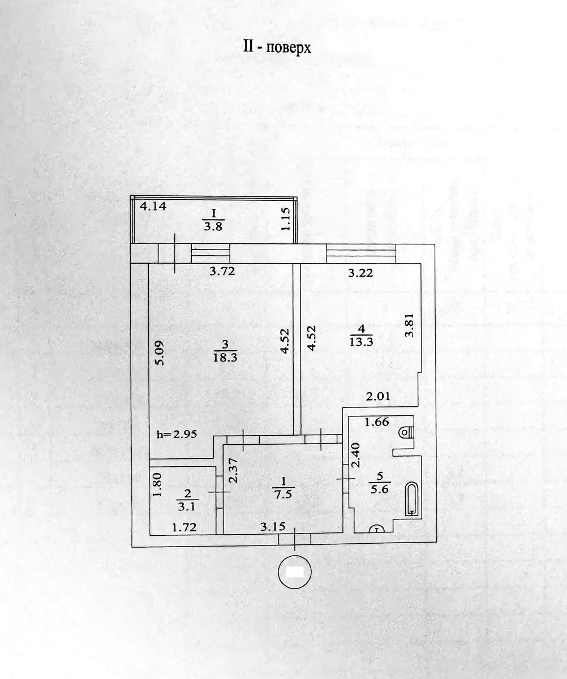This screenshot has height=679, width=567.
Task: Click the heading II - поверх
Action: click(277, 47)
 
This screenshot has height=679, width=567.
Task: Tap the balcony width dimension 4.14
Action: click(153, 206)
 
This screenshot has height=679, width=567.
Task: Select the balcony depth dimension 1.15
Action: click(285, 219)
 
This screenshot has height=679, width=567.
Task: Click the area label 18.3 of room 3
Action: click(225, 358)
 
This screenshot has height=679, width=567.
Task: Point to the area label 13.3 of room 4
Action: click(361, 342)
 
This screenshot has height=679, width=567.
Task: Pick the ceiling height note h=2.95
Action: click(177, 435)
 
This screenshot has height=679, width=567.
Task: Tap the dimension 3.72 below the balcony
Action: click(222, 271)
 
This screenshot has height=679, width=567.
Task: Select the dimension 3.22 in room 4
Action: click(360, 273)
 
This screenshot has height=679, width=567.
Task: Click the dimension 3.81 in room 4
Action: click(410, 325)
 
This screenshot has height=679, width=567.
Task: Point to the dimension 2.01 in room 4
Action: click(377, 397)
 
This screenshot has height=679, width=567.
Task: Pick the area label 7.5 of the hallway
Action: click(283, 495)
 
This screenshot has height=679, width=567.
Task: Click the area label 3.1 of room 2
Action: click(187, 506)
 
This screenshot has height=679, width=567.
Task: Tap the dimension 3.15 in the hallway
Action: click(273, 526)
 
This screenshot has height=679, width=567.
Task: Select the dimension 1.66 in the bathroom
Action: click(377, 422)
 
